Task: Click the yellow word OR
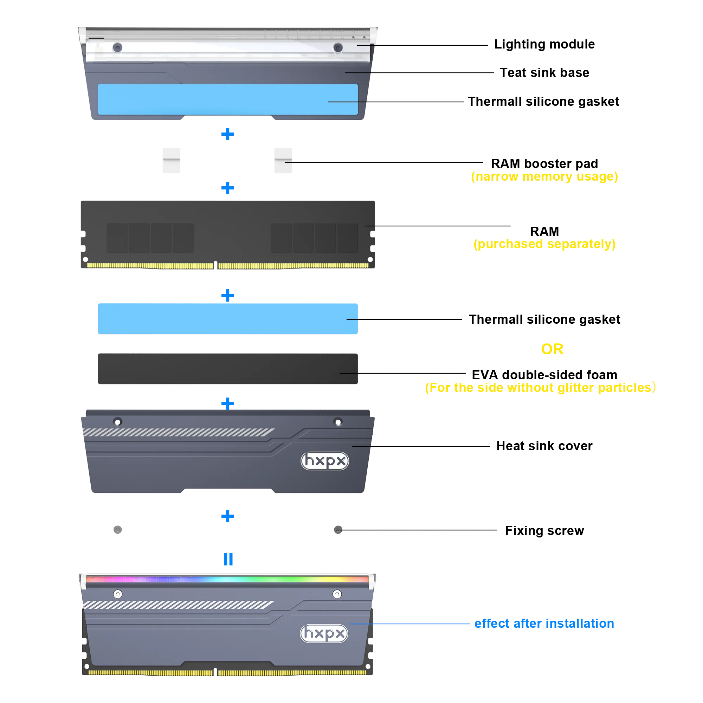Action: tap(552, 349)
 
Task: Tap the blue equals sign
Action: tap(227, 560)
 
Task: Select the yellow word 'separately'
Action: tap(581, 244)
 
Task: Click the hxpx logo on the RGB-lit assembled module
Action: tap(324, 633)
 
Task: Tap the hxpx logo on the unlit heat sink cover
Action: tap(324, 461)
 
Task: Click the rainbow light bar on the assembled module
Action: tap(228, 579)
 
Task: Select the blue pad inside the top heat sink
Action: tap(228, 99)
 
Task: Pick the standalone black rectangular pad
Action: tap(228, 369)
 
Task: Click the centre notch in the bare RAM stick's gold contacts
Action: tap(215, 265)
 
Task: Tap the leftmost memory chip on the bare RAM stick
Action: tap(117, 238)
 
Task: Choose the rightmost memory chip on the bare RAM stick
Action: tap(348, 238)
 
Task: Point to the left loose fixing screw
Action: tap(117, 529)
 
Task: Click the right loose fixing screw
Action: tap(338, 529)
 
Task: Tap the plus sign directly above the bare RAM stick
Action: tap(227, 188)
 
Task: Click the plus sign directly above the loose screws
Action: tap(227, 516)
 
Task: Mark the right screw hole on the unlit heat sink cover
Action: tap(338, 422)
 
